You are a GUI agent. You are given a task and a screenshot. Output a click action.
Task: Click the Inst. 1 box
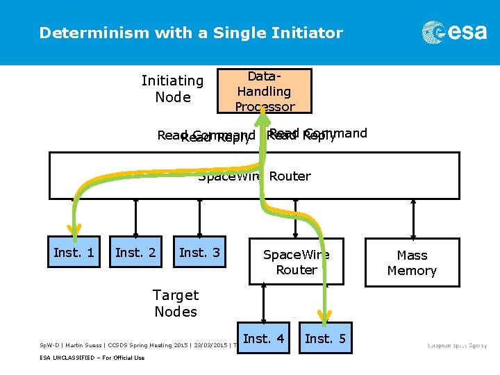coord(74,253)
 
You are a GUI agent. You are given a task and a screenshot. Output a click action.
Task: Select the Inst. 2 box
coord(135,253)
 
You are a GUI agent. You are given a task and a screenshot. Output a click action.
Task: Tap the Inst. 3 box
coord(199,253)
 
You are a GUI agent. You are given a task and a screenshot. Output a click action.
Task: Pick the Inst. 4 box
coord(263,339)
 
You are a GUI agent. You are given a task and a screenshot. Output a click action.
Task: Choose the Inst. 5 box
coord(325,339)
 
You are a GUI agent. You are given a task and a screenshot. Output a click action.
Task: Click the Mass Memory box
coord(412,262)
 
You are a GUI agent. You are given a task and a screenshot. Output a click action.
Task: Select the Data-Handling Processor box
coord(264,91)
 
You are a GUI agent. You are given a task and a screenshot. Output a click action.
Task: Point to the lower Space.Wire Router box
coord(297,262)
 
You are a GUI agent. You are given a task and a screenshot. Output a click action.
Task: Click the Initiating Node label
coord(173,89)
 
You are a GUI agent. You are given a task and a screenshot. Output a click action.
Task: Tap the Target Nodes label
coord(176,303)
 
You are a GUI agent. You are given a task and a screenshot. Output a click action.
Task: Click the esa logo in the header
coord(454,32)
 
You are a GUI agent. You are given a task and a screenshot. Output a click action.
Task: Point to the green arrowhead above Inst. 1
coord(74,230)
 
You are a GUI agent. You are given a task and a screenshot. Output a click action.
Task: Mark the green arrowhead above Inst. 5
coord(324,315)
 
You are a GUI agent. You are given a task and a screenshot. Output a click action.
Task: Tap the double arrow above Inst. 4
coord(263,303)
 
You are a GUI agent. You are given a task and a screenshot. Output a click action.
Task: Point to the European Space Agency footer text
coord(456,345)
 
